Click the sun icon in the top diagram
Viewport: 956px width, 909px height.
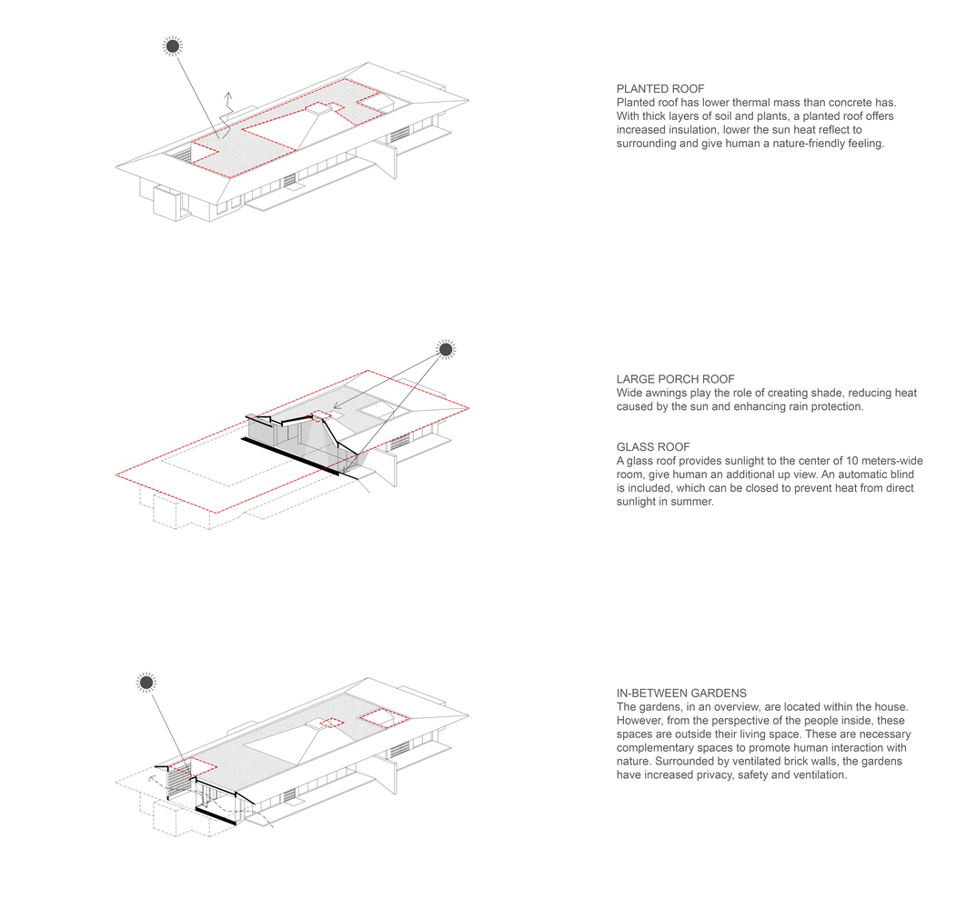(173, 45)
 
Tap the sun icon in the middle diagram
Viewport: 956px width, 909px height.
(446, 349)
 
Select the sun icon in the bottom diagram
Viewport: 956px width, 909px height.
(146, 683)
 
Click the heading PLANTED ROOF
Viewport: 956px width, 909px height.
(660, 89)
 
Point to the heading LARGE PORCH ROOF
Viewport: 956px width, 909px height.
(676, 379)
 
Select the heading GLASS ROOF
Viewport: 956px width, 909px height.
(653, 446)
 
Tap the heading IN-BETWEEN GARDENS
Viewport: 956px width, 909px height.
(681, 694)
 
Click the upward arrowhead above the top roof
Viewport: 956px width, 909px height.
(228, 95)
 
